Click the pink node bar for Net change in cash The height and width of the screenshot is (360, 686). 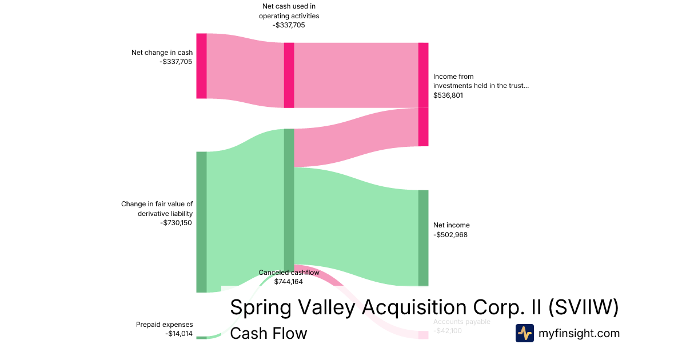(x=201, y=66)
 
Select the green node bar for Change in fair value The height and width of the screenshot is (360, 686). (x=201, y=222)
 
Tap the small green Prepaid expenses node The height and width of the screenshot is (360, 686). (x=201, y=338)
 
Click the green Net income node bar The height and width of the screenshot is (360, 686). (x=423, y=238)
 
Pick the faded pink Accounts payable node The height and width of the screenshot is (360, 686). (x=423, y=335)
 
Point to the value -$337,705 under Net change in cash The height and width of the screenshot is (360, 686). (x=176, y=62)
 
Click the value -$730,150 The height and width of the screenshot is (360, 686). (x=176, y=223)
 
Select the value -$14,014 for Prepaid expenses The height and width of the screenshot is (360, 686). (x=179, y=334)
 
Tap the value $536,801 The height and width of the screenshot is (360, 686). (x=448, y=95)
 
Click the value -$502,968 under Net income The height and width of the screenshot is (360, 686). (x=450, y=234)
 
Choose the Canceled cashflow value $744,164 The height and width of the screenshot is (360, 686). (x=289, y=282)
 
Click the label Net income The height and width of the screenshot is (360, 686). (x=451, y=225)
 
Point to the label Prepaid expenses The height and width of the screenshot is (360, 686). (x=164, y=325)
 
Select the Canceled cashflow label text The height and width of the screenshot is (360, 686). (x=289, y=273)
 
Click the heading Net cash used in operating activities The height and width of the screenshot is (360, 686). (x=289, y=11)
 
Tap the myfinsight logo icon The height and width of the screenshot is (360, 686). (x=524, y=333)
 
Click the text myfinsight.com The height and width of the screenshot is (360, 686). (x=579, y=333)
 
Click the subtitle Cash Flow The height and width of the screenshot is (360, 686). (x=268, y=333)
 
